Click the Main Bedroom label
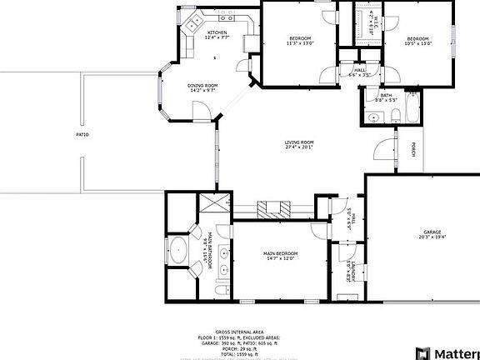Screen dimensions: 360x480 [x=281, y=254]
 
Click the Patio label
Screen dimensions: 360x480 [x=82, y=134]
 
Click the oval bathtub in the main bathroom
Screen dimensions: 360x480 [x=177, y=249]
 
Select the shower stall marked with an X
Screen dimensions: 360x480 [x=217, y=204]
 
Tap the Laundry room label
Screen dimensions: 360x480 [x=352, y=270]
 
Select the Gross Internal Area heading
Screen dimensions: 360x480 [x=239, y=331]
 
